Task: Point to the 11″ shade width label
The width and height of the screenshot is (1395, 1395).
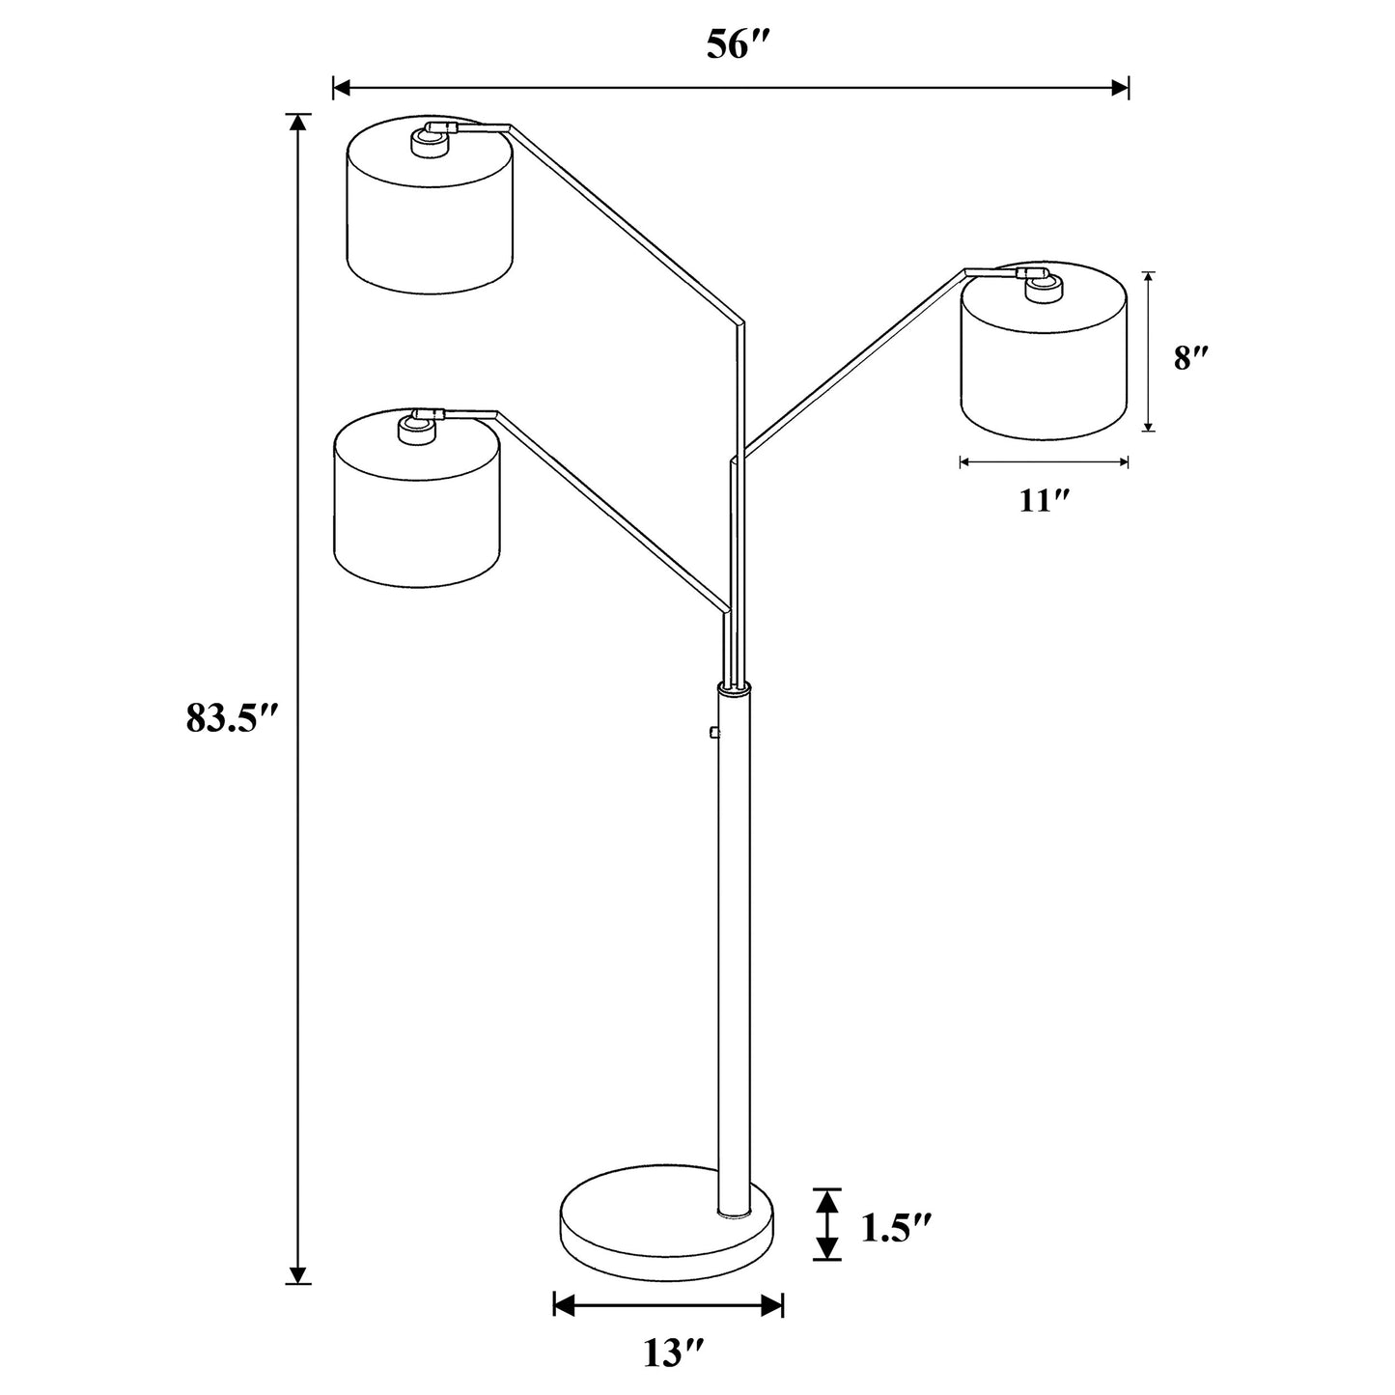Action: click(x=1046, y=501)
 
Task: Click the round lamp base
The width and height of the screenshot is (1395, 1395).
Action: click(x=667, y=1235)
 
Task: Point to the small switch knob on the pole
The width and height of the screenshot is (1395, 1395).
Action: click(x=712, y=733)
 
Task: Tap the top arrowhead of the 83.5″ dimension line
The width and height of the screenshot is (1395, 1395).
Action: click(x=299, y=123)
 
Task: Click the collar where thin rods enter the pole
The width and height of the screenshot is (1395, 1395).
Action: click(x=733, y=687)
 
